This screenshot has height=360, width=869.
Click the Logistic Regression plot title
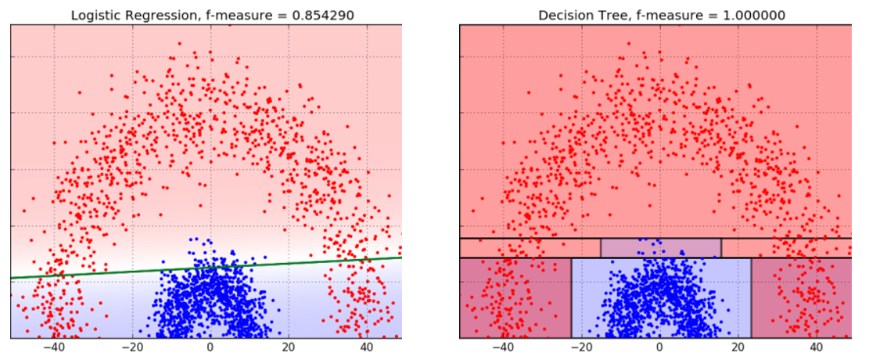pyautogui.click(x=206, y=15)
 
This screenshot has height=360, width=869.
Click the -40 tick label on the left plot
pyautogui.click(x=54, y=349)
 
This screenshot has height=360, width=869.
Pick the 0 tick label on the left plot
pyautogui.click(x=210, y=349)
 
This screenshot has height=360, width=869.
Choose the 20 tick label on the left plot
pyautogui.click(x=288, y=349)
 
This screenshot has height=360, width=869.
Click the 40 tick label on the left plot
pyautogui.click(x=365, y=349)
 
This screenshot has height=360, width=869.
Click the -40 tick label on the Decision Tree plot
pyautogui.click(x=503, y=349)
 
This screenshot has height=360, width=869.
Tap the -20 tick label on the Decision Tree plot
pyautogui.click(x=581, y=349)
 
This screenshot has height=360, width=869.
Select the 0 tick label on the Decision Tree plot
pyautogui.click(x=659, y=349)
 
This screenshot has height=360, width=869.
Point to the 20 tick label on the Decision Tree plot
pyautogui.click(x=737, y=349)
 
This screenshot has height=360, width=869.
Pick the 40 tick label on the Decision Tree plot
pyautogui.click(x=814, y=349)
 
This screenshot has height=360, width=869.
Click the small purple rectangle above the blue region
pyautogui.click(x=661, y=247)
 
